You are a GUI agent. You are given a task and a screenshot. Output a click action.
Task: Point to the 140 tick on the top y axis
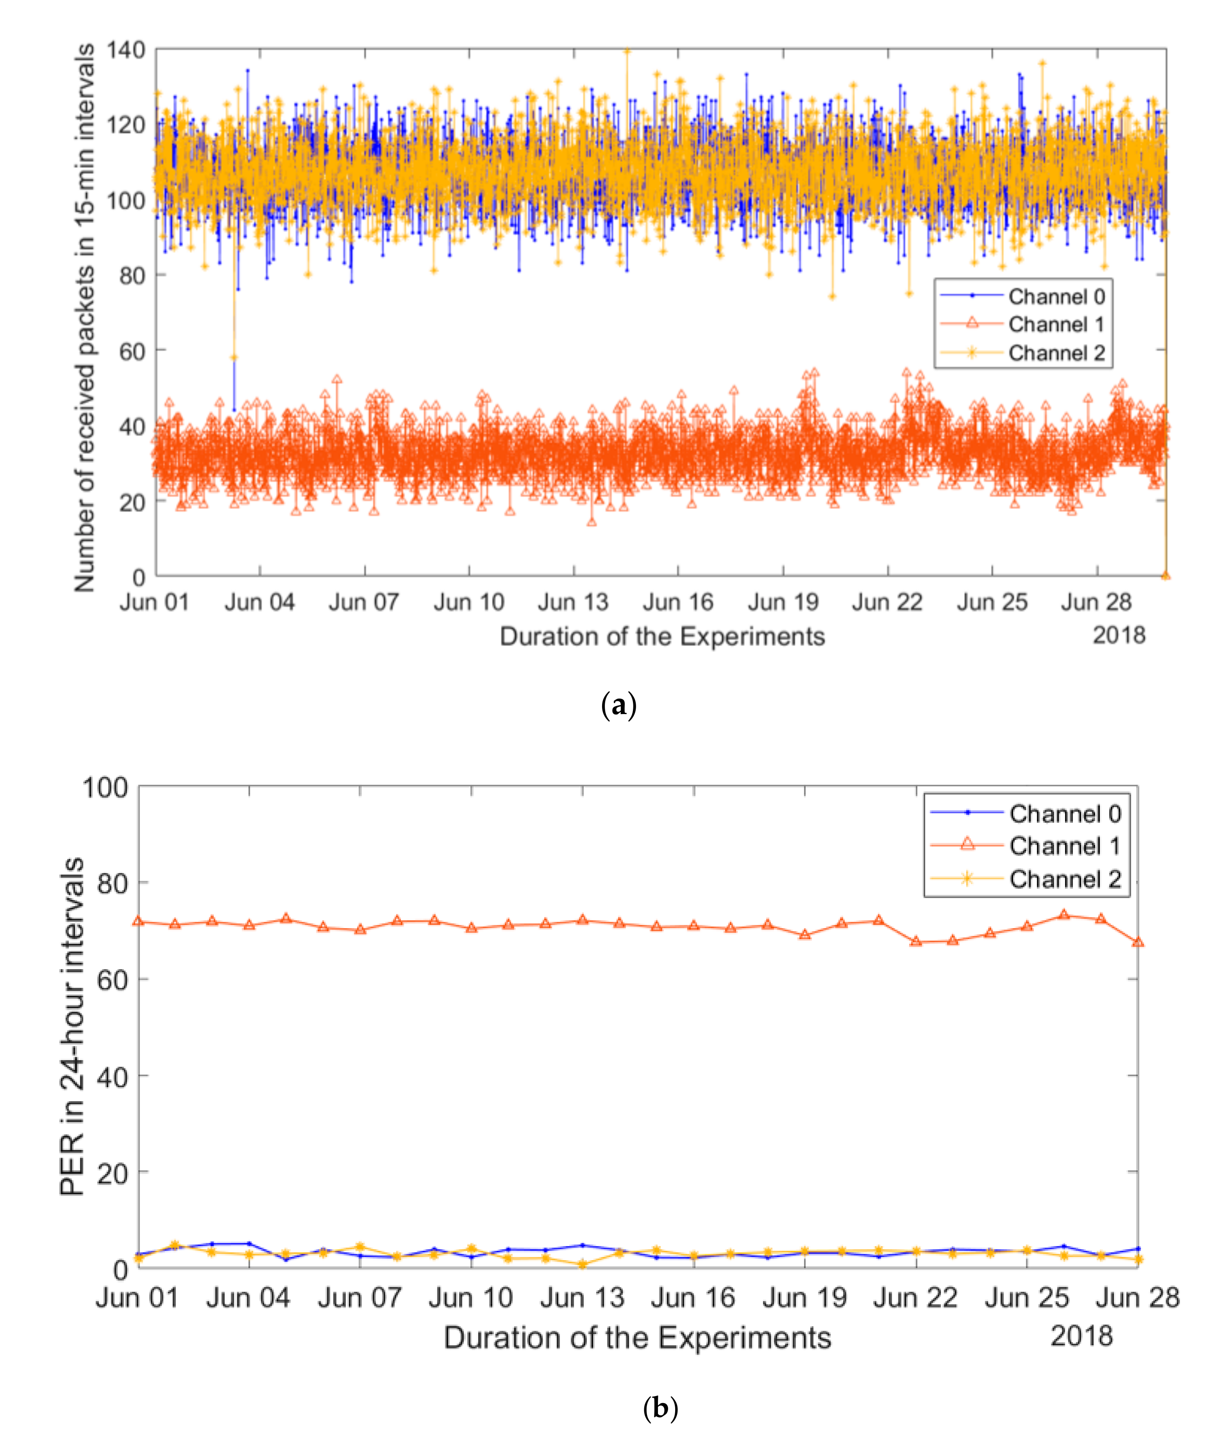(x=126, y=50)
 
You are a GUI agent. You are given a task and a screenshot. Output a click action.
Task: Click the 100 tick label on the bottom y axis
(x=105, y=787)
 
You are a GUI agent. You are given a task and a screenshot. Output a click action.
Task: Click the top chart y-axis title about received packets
(x=84, y=318)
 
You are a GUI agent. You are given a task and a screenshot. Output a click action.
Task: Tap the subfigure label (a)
(x=618, y=705)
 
